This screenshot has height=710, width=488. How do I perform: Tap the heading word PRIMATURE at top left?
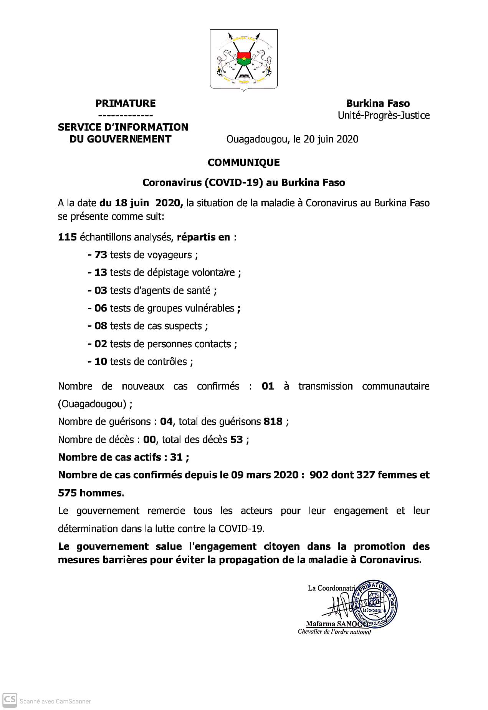126,103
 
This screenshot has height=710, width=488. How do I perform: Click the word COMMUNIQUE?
243,163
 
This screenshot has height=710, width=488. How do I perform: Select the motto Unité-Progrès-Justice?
384,116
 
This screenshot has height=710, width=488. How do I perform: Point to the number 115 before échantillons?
68,237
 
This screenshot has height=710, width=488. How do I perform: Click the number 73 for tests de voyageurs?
101,255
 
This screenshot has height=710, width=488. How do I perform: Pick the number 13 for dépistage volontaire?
101,272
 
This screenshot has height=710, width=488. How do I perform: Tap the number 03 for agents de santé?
101,290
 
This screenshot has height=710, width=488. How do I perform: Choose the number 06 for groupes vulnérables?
101,308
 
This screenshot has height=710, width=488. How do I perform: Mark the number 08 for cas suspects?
101,326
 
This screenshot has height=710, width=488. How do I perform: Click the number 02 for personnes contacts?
101,344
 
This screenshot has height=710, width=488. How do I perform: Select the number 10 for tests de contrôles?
101,362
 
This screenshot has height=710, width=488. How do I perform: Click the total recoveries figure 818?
273,421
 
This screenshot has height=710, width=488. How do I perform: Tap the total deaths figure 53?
237,440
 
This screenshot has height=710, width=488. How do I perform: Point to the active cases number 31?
176,457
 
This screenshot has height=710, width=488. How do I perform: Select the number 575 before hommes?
68,493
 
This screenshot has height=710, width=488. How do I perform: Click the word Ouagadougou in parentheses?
92,404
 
